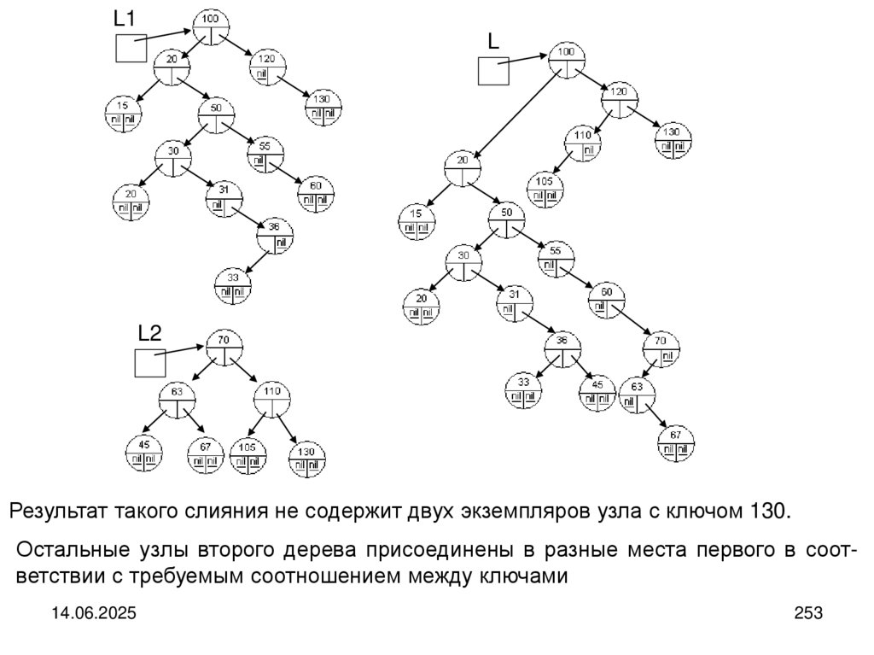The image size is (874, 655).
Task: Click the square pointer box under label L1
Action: point(131,48)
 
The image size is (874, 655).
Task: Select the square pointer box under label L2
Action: point(150,364)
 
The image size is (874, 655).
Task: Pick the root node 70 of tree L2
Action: point(224,348)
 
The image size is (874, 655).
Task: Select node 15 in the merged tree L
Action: point(417,221)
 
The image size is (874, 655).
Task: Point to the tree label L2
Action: point(150,333)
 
